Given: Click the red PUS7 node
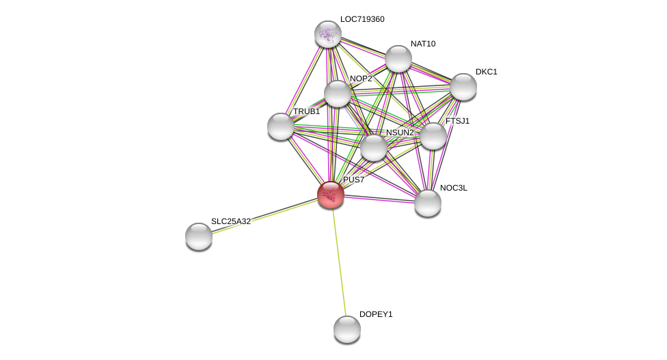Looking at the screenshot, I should click(331, 195).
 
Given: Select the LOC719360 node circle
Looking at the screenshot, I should click(328, 34).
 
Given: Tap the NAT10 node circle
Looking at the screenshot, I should click(398, 59).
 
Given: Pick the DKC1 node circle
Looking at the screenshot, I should click(463, 87).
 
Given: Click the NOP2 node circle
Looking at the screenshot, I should click(338, 94).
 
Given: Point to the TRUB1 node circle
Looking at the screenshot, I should click(281, 126).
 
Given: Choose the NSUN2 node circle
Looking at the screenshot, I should click(374, 148).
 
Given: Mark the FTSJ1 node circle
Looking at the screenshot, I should click(433, 136).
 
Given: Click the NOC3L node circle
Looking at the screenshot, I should click(428, 203).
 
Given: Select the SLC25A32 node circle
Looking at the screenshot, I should click(199, 236).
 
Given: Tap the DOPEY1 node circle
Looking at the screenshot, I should click(347, 329).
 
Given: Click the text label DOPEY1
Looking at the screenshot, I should click(376, 314).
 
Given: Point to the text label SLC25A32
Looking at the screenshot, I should click(231, 221).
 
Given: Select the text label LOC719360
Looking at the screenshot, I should click(362, 19).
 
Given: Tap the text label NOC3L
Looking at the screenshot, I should click(454, 188).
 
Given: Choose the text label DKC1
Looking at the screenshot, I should click(487, 72).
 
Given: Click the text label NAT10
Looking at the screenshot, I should click(423, 44).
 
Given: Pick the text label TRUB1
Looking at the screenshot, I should click(306, 111).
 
